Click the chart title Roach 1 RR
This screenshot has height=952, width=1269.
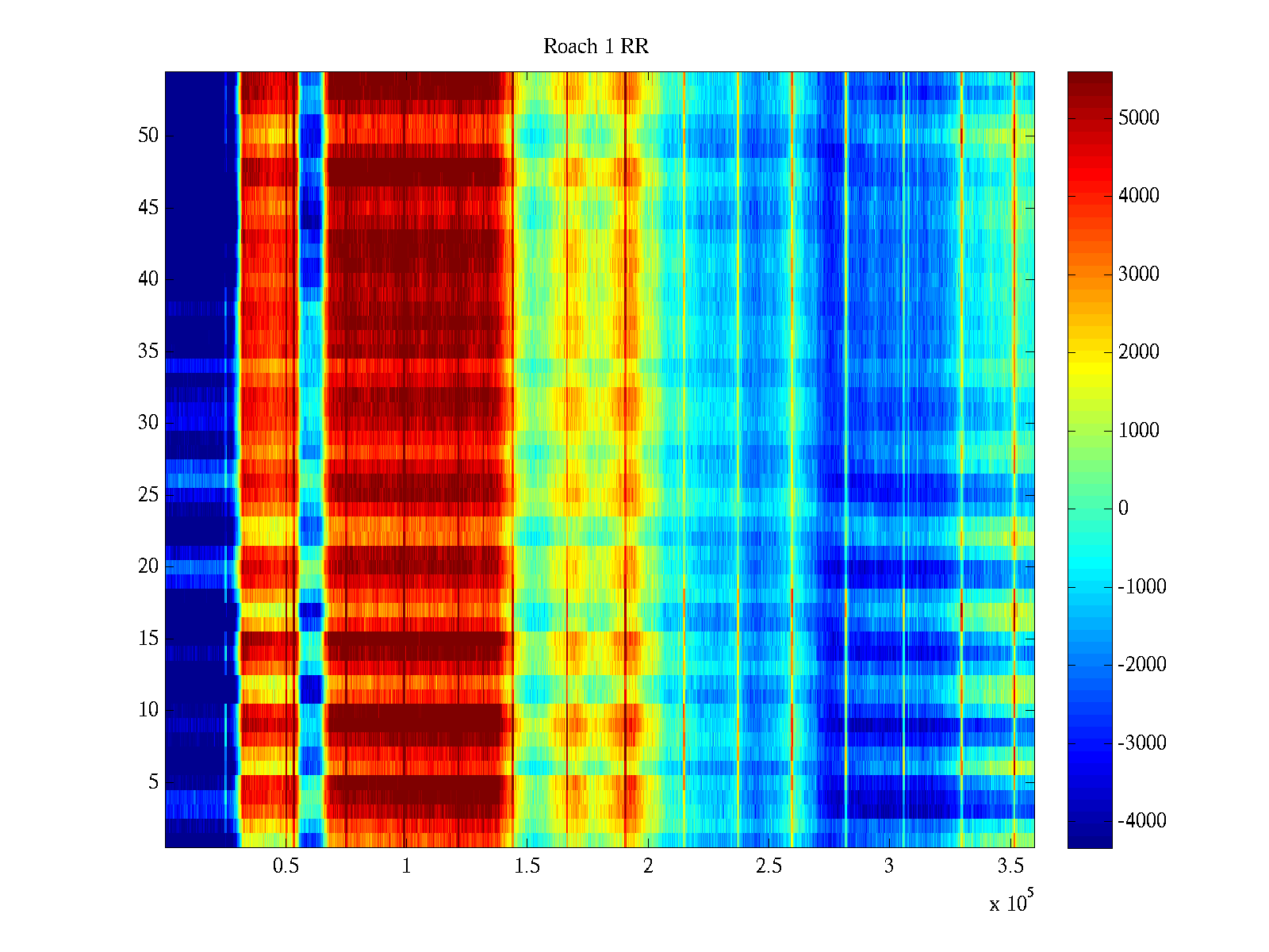(x=596, y=47)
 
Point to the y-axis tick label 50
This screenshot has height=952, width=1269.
(x=148, y=136)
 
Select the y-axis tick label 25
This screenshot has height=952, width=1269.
(x=148, y=495)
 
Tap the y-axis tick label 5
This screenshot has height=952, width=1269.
(x=153, y=782)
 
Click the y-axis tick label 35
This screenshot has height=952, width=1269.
(x=148, y=351)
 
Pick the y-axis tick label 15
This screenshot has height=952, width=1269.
(x=148, y=639)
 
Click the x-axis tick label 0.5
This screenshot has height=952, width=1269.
(x=286, y=866)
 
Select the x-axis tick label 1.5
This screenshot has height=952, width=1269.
(x=527, y=866)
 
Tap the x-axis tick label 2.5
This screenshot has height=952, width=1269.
(x=769, y=866)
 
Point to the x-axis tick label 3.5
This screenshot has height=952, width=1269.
(x=1010, y=866)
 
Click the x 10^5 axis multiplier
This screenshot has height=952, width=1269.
(x=1011, y=902)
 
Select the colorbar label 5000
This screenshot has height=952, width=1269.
(x=1138, y=118)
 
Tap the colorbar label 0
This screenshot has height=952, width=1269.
(x=1123, y=509)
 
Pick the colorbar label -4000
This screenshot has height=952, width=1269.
(x=1142, y=821)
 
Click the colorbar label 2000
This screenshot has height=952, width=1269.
(x=1138, y=352)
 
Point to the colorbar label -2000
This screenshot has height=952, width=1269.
(x=1142, y=665)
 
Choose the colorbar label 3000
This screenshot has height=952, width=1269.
(x=1138, y=274)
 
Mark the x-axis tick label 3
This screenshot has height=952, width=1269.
(x=889, y=866)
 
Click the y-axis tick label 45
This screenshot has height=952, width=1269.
(x=148, y=208)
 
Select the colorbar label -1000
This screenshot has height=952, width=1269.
(x=1142, y=587)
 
